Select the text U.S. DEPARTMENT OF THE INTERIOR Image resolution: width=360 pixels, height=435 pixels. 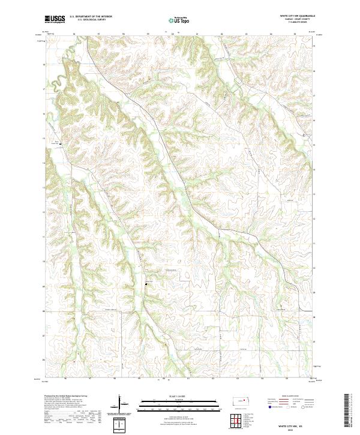[91, 17]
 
